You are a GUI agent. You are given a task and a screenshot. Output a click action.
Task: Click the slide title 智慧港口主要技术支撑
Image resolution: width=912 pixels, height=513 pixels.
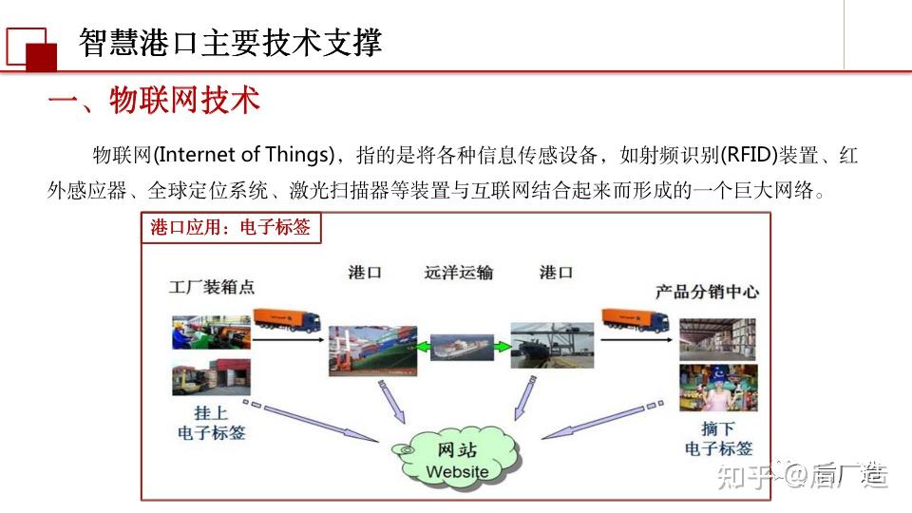tap(230, 43)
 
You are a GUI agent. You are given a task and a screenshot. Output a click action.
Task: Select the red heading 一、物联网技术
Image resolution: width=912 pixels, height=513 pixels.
tap(154, 100)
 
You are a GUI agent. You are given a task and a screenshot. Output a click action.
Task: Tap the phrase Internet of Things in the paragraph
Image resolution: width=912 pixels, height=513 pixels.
tap(245, 155)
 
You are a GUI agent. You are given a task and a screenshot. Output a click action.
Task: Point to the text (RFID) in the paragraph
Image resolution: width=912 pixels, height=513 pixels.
tap(750, 155)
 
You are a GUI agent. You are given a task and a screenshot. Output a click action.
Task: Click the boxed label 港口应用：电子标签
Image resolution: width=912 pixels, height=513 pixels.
tap(231, 227)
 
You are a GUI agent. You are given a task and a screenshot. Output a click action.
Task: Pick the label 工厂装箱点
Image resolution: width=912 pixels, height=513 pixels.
tap(212, 287)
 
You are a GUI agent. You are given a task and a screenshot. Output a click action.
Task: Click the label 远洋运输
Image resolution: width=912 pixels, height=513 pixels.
tap(458, 273)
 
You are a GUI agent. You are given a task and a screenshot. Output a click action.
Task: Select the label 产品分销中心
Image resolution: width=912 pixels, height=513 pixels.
tap(707, 292)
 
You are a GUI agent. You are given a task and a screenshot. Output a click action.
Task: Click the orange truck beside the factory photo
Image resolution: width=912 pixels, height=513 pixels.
tap(287, 319)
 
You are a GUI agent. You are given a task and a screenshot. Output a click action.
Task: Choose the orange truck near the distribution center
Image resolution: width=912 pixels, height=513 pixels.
tap(635, 319)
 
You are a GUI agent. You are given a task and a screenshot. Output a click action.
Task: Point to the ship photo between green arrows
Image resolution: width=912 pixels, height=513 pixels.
tap(462, 347)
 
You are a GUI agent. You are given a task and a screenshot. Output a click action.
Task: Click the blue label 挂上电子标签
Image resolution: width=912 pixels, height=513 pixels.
tap(211, 423)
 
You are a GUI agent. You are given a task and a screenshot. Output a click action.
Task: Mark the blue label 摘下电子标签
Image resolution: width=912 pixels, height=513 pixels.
tap(718, 439)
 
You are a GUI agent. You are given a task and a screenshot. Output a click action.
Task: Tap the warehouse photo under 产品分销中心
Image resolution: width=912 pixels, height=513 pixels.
tap(718, 339)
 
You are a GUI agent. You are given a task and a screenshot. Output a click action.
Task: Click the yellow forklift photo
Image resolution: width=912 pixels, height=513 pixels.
tap(211, 376)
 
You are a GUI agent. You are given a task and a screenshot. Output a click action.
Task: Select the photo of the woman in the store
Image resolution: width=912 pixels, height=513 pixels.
tap(718, 388)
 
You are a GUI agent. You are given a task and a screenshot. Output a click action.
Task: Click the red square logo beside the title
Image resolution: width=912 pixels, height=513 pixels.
tap(31, 48)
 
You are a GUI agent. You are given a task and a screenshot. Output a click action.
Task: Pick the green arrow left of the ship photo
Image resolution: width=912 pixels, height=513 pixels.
tap(422, 348)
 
